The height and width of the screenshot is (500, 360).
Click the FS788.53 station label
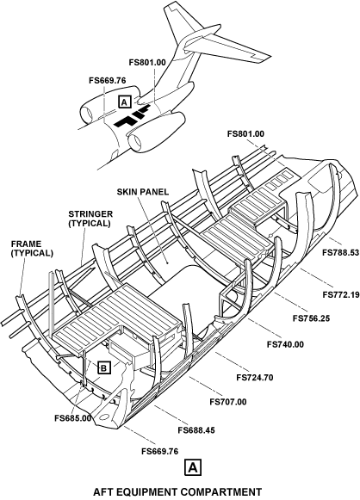341,253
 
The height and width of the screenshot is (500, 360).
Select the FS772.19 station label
341,294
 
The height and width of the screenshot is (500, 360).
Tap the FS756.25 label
311,318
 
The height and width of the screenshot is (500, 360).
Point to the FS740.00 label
285,344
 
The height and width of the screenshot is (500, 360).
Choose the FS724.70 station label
255,378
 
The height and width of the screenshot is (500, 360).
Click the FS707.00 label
228,402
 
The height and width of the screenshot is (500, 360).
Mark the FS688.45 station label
196,430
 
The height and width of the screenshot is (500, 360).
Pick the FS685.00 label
72,418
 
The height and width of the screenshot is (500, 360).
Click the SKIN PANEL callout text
143,192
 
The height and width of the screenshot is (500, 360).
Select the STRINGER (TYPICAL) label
90,219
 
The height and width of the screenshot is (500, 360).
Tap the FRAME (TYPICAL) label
32,249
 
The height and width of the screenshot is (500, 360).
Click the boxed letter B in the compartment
103,368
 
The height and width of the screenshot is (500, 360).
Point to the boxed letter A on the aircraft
125,102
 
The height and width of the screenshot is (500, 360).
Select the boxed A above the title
192,468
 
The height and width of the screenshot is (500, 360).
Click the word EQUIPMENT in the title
160,492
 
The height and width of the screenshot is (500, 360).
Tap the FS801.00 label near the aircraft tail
147,63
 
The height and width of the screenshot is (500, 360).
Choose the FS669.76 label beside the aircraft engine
108,81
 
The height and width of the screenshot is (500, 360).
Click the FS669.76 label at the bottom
160,452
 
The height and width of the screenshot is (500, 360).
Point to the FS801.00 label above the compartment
245,134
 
